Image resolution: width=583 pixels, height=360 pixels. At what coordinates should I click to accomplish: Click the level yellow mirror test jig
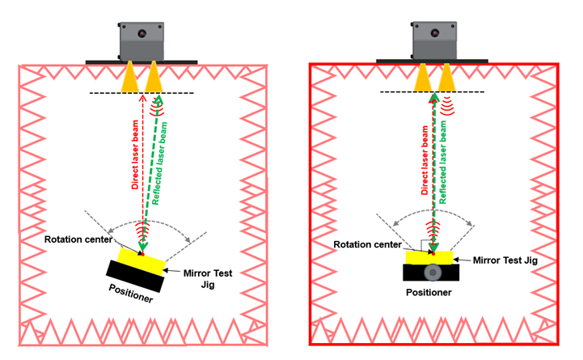(432, 257)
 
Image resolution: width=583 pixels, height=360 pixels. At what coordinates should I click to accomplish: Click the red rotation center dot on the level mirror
(433, 254)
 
